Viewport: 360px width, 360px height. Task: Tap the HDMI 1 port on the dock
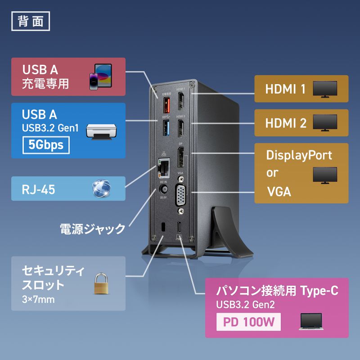[x=181, y=103]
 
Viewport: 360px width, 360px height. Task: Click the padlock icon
[x=101, y=283]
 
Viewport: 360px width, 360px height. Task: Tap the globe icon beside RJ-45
[x=101, y=189]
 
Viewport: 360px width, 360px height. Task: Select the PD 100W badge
[x=249, y=323]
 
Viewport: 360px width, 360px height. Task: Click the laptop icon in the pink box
[x=310, y=322]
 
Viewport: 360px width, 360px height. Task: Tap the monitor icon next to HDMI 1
[x=325, y=88]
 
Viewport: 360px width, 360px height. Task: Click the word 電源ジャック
[x=92, y=229]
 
